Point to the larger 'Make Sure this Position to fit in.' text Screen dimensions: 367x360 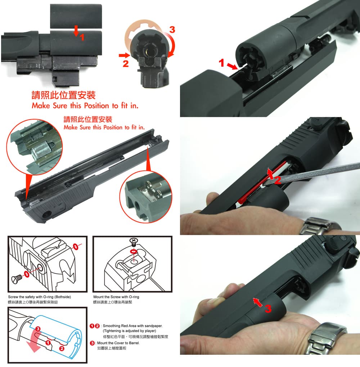point(85,106)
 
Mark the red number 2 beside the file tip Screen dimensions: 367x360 point(277,181)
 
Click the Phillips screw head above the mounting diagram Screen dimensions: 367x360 point(134,241)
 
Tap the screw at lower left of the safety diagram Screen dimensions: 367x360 point(17,277)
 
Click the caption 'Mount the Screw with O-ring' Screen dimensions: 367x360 point(116,297)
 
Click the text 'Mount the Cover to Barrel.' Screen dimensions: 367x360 point(118,343)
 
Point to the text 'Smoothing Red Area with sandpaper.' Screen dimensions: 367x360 point(132,326)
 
